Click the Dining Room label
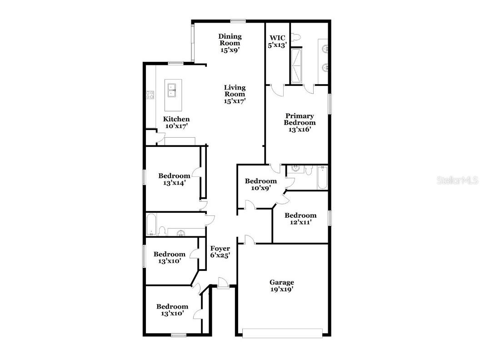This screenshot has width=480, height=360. coord(230,40)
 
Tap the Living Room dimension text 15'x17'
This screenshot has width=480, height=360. coord(235,101)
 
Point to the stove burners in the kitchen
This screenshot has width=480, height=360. coord(150,95)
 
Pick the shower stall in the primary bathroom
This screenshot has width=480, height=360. coord(296,66)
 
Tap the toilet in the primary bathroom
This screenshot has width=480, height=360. coord(296,38)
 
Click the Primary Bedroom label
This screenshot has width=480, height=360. coord(300,119)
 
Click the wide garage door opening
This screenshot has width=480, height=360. coord(283,333)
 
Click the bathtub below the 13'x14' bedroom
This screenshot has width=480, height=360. coord(152,225)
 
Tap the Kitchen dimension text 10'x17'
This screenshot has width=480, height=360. coord(176,126)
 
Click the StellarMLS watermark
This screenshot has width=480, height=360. coord(457,180)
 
